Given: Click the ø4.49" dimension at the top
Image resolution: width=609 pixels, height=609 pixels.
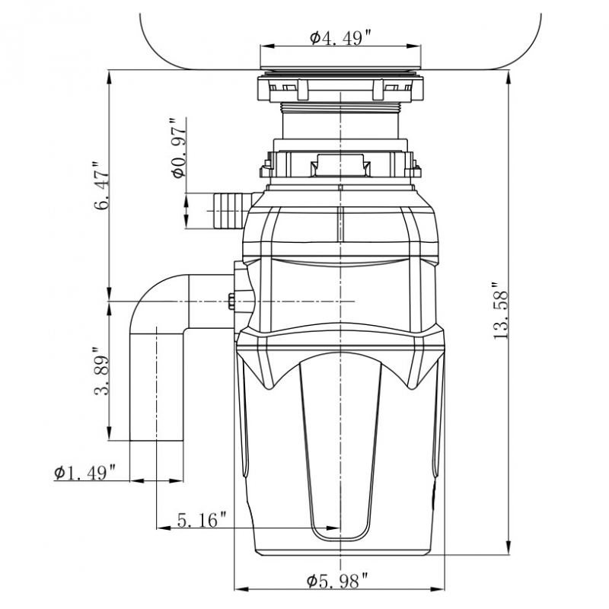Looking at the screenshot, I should tap(340, 39).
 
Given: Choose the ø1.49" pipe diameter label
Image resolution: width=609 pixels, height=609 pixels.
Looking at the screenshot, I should tap(84, 473).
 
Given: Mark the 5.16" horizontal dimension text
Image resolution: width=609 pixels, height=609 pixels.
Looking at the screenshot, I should tap(202, 521).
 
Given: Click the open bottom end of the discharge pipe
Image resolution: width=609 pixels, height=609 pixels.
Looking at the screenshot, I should tap(157, 439).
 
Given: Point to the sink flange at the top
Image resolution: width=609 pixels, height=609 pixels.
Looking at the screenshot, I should tap(340, 72).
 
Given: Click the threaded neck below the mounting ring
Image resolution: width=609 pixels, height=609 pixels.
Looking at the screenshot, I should tap(340, 122).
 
